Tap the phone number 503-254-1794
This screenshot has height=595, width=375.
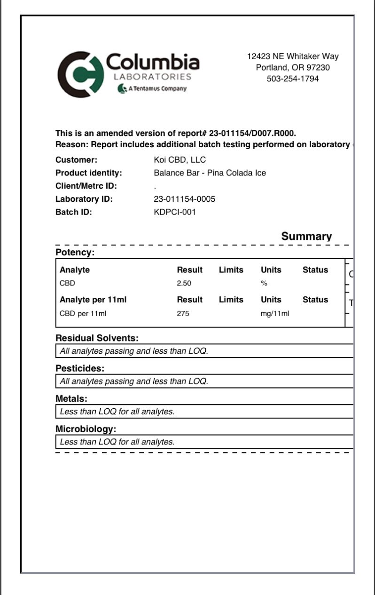point(293,79)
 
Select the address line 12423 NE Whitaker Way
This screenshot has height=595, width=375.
point(293,56)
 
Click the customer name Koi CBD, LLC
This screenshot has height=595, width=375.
point(180,160)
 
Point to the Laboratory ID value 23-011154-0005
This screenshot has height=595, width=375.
point(184,199)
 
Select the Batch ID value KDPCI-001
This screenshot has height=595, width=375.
point(174,212)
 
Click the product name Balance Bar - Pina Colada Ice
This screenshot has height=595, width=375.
point(210,173)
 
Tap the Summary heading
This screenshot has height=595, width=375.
point(306,237)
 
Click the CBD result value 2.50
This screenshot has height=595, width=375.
point(184,284)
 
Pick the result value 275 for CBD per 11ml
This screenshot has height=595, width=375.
point(183,314)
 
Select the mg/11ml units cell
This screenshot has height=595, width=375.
point(275,314)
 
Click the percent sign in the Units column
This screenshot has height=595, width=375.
point(264,284)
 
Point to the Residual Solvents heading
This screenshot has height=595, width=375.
point(97,338)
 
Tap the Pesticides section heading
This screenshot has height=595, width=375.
point(80,368)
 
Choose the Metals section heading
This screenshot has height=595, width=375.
point(71,399)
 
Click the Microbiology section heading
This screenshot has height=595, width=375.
point(86,429)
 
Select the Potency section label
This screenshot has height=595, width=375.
point(75,253)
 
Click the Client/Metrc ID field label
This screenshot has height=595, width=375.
point(86,186)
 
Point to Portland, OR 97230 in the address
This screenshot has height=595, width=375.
point(293,68)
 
